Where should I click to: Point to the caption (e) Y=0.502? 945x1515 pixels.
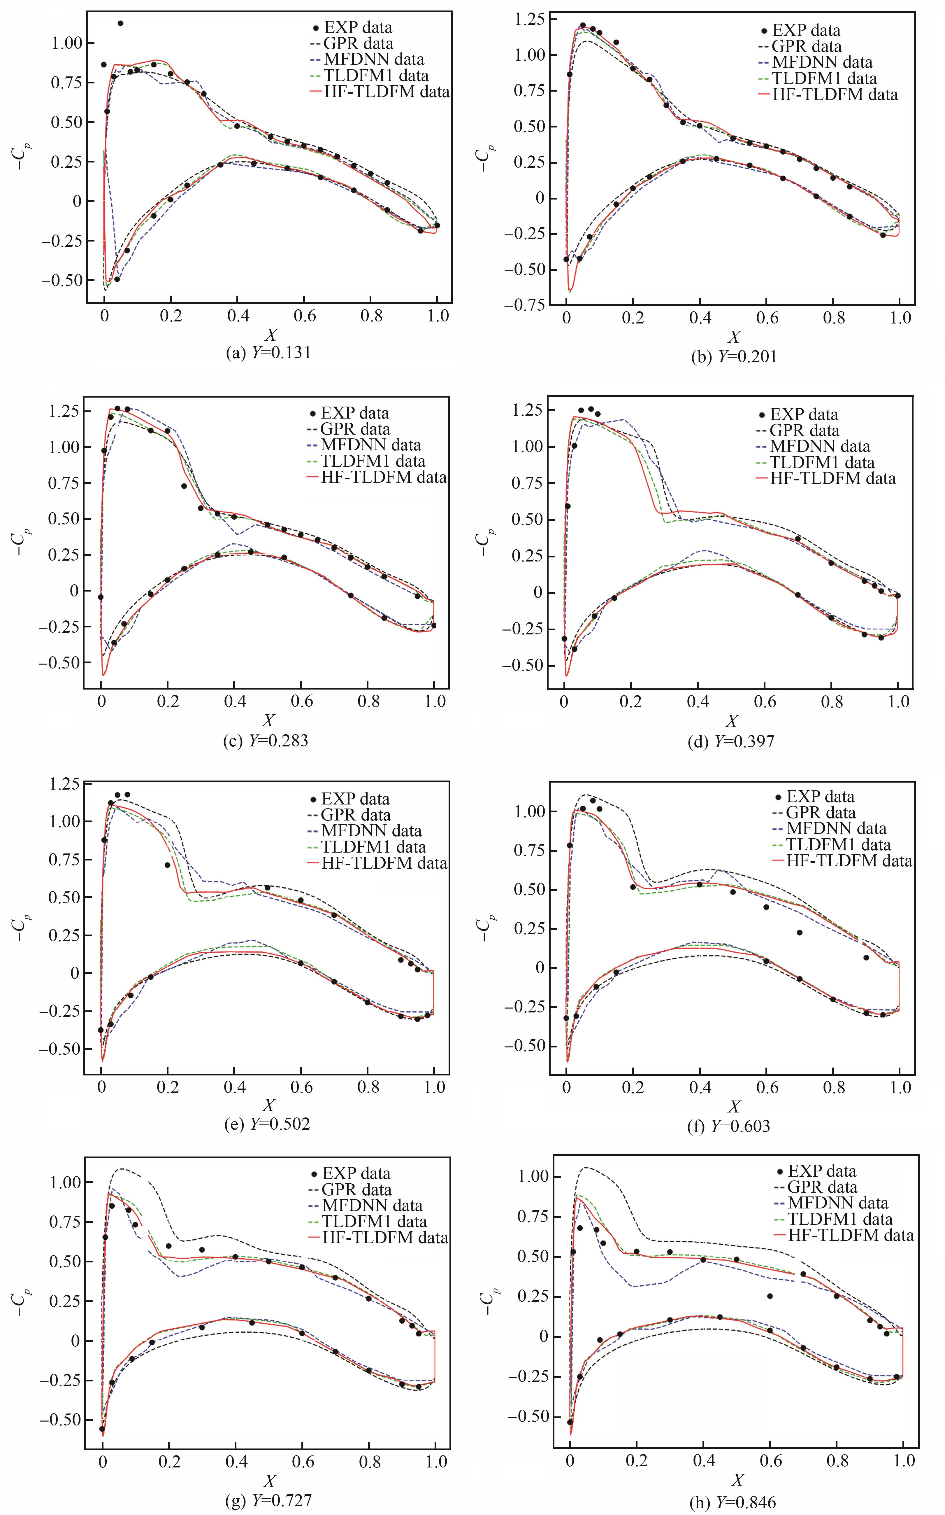268,1124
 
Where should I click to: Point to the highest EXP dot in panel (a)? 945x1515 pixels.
120,23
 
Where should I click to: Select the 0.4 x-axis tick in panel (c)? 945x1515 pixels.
234,701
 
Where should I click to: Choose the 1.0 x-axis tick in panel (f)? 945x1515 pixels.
900,1087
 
